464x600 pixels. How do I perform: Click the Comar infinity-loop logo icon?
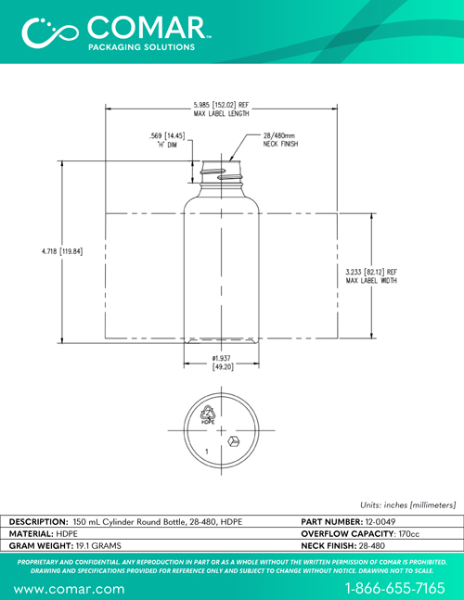click(x=50, y=32)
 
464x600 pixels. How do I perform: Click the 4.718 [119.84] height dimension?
click(x=62, y=251)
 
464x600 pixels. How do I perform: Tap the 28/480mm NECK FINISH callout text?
click(x=280, y=140)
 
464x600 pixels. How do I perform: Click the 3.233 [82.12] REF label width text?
click(x=371, y=276)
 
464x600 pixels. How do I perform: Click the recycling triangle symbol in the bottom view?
click(x=208, y=414)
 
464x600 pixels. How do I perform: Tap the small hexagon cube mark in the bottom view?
click(x=233, y=441)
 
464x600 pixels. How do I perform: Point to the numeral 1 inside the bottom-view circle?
click(x=207, y=452)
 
